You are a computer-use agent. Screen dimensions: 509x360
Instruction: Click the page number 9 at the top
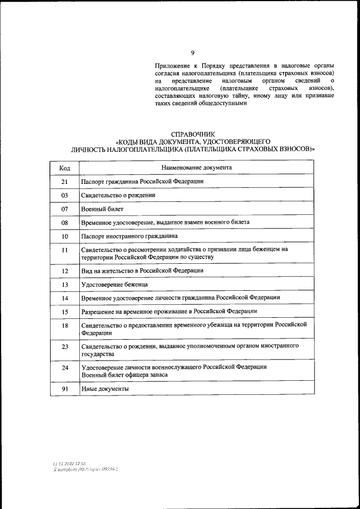(192, 53)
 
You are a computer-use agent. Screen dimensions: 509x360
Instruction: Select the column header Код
(65, 168)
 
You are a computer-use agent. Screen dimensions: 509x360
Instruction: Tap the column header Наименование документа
(196, 168)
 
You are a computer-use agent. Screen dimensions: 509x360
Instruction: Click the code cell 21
(65, 182)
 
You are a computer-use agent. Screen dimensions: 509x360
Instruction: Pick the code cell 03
(65, 195)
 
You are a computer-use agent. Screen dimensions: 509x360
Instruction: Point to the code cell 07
(65, 209)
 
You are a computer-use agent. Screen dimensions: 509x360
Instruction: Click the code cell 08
(65, 222)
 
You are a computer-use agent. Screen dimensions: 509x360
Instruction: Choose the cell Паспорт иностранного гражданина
(129, 236)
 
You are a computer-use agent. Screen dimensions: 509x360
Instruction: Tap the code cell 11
(65, 250)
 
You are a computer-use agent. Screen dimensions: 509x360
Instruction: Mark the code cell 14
(65, 298)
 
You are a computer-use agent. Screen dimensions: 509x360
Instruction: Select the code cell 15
(65, 311)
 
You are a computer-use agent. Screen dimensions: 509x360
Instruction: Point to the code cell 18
(65, 325)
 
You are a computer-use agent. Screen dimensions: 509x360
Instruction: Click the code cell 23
(65, 346)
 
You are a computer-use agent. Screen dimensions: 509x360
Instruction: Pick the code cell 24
(65, 368)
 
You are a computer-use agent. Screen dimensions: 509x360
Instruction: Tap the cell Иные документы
(105, 389)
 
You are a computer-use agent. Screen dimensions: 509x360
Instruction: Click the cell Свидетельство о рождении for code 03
(118, 195)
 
